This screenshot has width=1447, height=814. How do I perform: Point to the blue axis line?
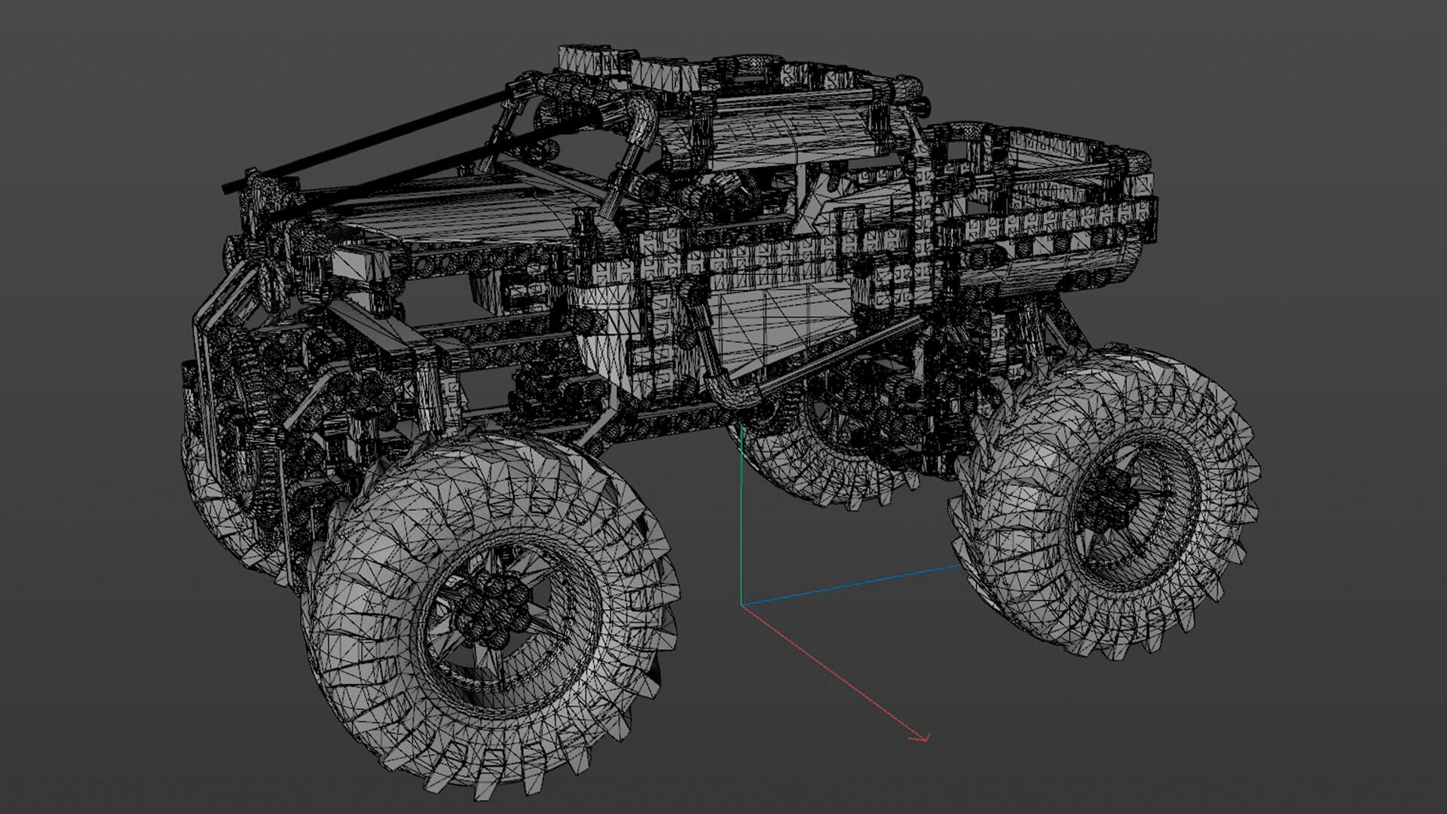(x=852, y=584)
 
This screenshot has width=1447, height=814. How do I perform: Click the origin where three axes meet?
(x=742, y=604)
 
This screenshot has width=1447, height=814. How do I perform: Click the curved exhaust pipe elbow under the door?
(x=727, y=392)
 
